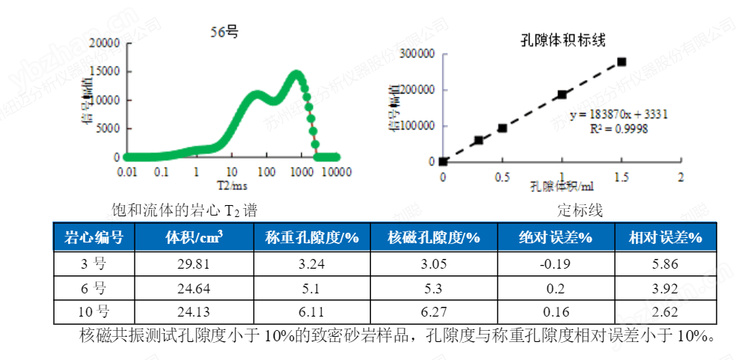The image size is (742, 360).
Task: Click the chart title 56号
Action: [224, 31]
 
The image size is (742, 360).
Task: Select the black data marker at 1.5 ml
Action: [622, 61]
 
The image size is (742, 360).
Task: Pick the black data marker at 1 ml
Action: [562, 94]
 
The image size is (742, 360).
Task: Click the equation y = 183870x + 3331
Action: [619, 115]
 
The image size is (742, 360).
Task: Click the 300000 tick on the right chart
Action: [417, 54]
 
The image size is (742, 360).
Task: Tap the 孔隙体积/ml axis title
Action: [562, 186]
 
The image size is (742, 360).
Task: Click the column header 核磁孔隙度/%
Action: [434, 238]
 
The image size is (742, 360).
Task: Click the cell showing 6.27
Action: [434, 312]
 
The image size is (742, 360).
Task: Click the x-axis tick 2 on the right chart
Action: [681, 177]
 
